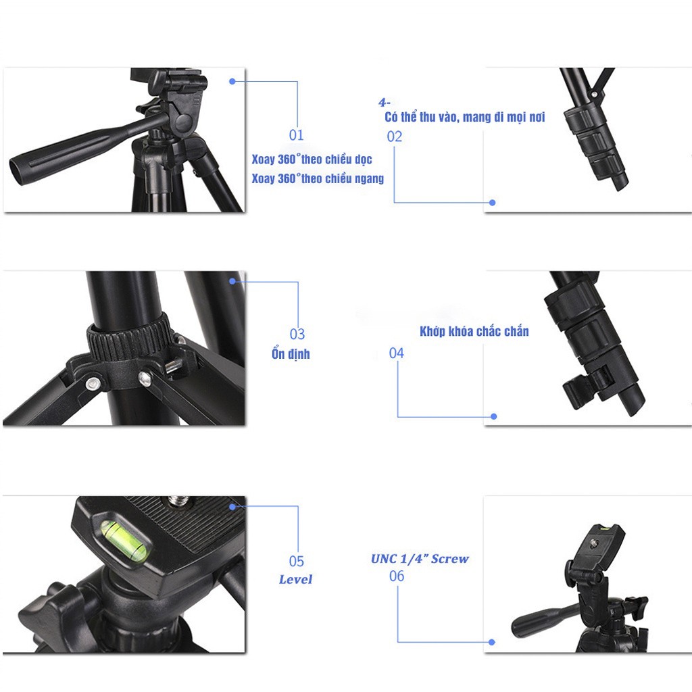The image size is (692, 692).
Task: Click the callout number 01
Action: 297,135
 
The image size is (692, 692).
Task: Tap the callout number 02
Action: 395,137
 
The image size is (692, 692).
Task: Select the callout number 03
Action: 297,334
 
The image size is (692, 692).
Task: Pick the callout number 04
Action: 396,353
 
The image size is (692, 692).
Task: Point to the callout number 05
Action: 297,562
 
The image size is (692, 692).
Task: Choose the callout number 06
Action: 396,576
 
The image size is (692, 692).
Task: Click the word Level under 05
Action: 295,579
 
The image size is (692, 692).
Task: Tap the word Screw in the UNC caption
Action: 449,559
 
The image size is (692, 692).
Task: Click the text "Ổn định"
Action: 291,353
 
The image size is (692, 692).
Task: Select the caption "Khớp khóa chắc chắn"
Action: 474,331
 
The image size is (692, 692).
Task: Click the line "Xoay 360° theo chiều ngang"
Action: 318,178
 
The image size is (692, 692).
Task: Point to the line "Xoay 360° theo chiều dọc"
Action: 312,159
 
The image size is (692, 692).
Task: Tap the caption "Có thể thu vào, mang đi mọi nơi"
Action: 465,117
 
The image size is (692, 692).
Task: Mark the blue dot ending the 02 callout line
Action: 493,203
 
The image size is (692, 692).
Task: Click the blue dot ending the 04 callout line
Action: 494,416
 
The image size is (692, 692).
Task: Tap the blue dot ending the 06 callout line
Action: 492,642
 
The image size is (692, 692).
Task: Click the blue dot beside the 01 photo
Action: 232,81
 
